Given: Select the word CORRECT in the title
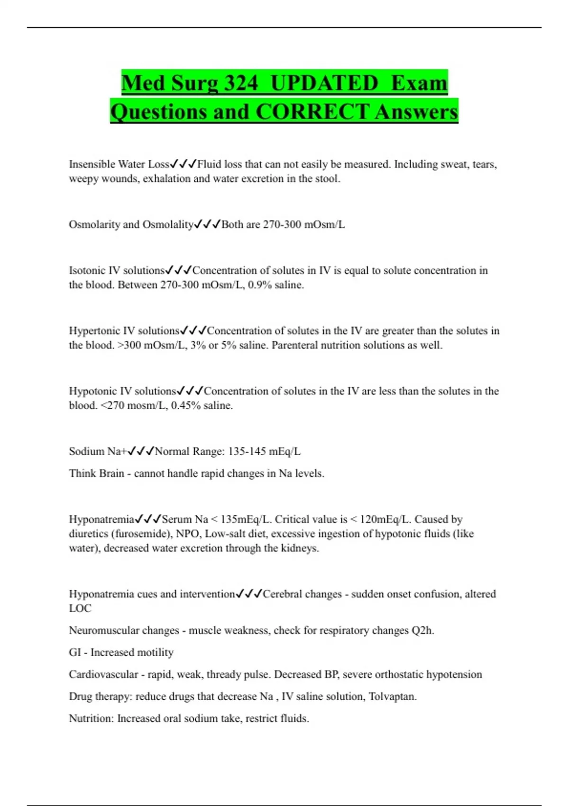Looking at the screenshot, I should [x=312, y=112].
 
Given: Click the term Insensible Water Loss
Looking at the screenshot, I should [x=119, y=164].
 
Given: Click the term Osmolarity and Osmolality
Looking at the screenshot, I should [x=131, y=224].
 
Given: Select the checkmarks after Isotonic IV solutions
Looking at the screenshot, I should [x=178, y=270].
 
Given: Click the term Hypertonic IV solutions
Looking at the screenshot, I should [x=124, y=330].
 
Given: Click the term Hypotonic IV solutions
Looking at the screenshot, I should [x=122, y=391].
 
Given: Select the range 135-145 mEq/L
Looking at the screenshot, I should [x=264, y=451].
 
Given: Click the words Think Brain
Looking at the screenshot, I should [x=96, y=473].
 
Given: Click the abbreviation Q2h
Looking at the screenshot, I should [x=422, y=631].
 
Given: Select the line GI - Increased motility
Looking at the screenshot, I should [x=121, y=652].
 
